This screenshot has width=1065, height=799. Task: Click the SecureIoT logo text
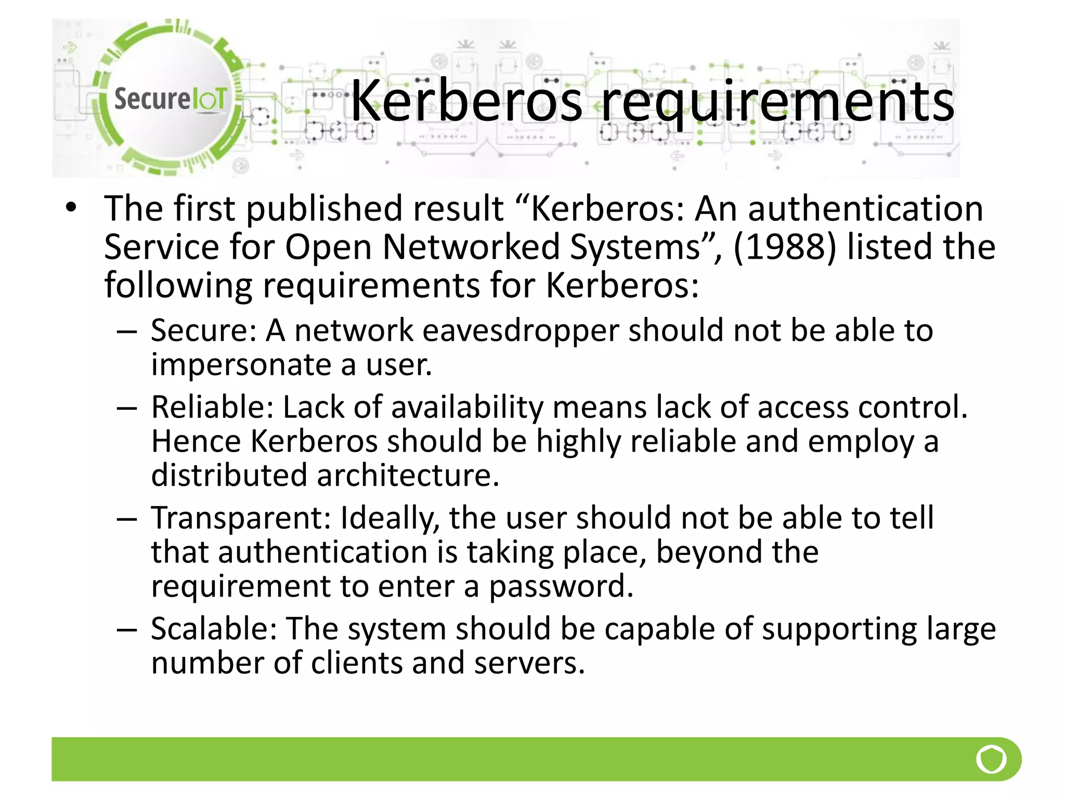(170, 98)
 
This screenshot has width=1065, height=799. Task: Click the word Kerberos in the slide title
(466, 101)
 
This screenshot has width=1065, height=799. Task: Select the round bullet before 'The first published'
(71, 208)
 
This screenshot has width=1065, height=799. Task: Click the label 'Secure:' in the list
(203, 330)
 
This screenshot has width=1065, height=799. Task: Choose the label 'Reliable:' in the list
(212, 407)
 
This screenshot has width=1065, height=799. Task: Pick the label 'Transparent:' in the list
(241, 518)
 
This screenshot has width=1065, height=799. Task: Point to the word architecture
(408, 475)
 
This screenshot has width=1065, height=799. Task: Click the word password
(561, 587)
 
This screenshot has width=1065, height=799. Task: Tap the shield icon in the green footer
(991, 759)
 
